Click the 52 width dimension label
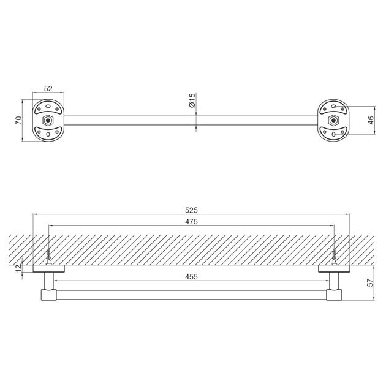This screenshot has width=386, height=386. coord(48,89)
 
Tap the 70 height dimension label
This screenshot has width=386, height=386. coord(19,120)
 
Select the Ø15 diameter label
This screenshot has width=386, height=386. coord(192,100)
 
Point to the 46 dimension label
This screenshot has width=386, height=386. coord(371,120)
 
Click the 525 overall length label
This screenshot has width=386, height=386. coord(191,210)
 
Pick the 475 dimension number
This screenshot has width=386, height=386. coord(191,222)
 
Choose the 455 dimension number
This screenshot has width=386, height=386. coord(191,277)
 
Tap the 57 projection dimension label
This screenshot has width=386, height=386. coord(370,282)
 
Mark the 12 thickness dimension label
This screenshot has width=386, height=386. coord(19,268)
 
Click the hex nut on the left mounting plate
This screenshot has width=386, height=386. coord(48,121)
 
